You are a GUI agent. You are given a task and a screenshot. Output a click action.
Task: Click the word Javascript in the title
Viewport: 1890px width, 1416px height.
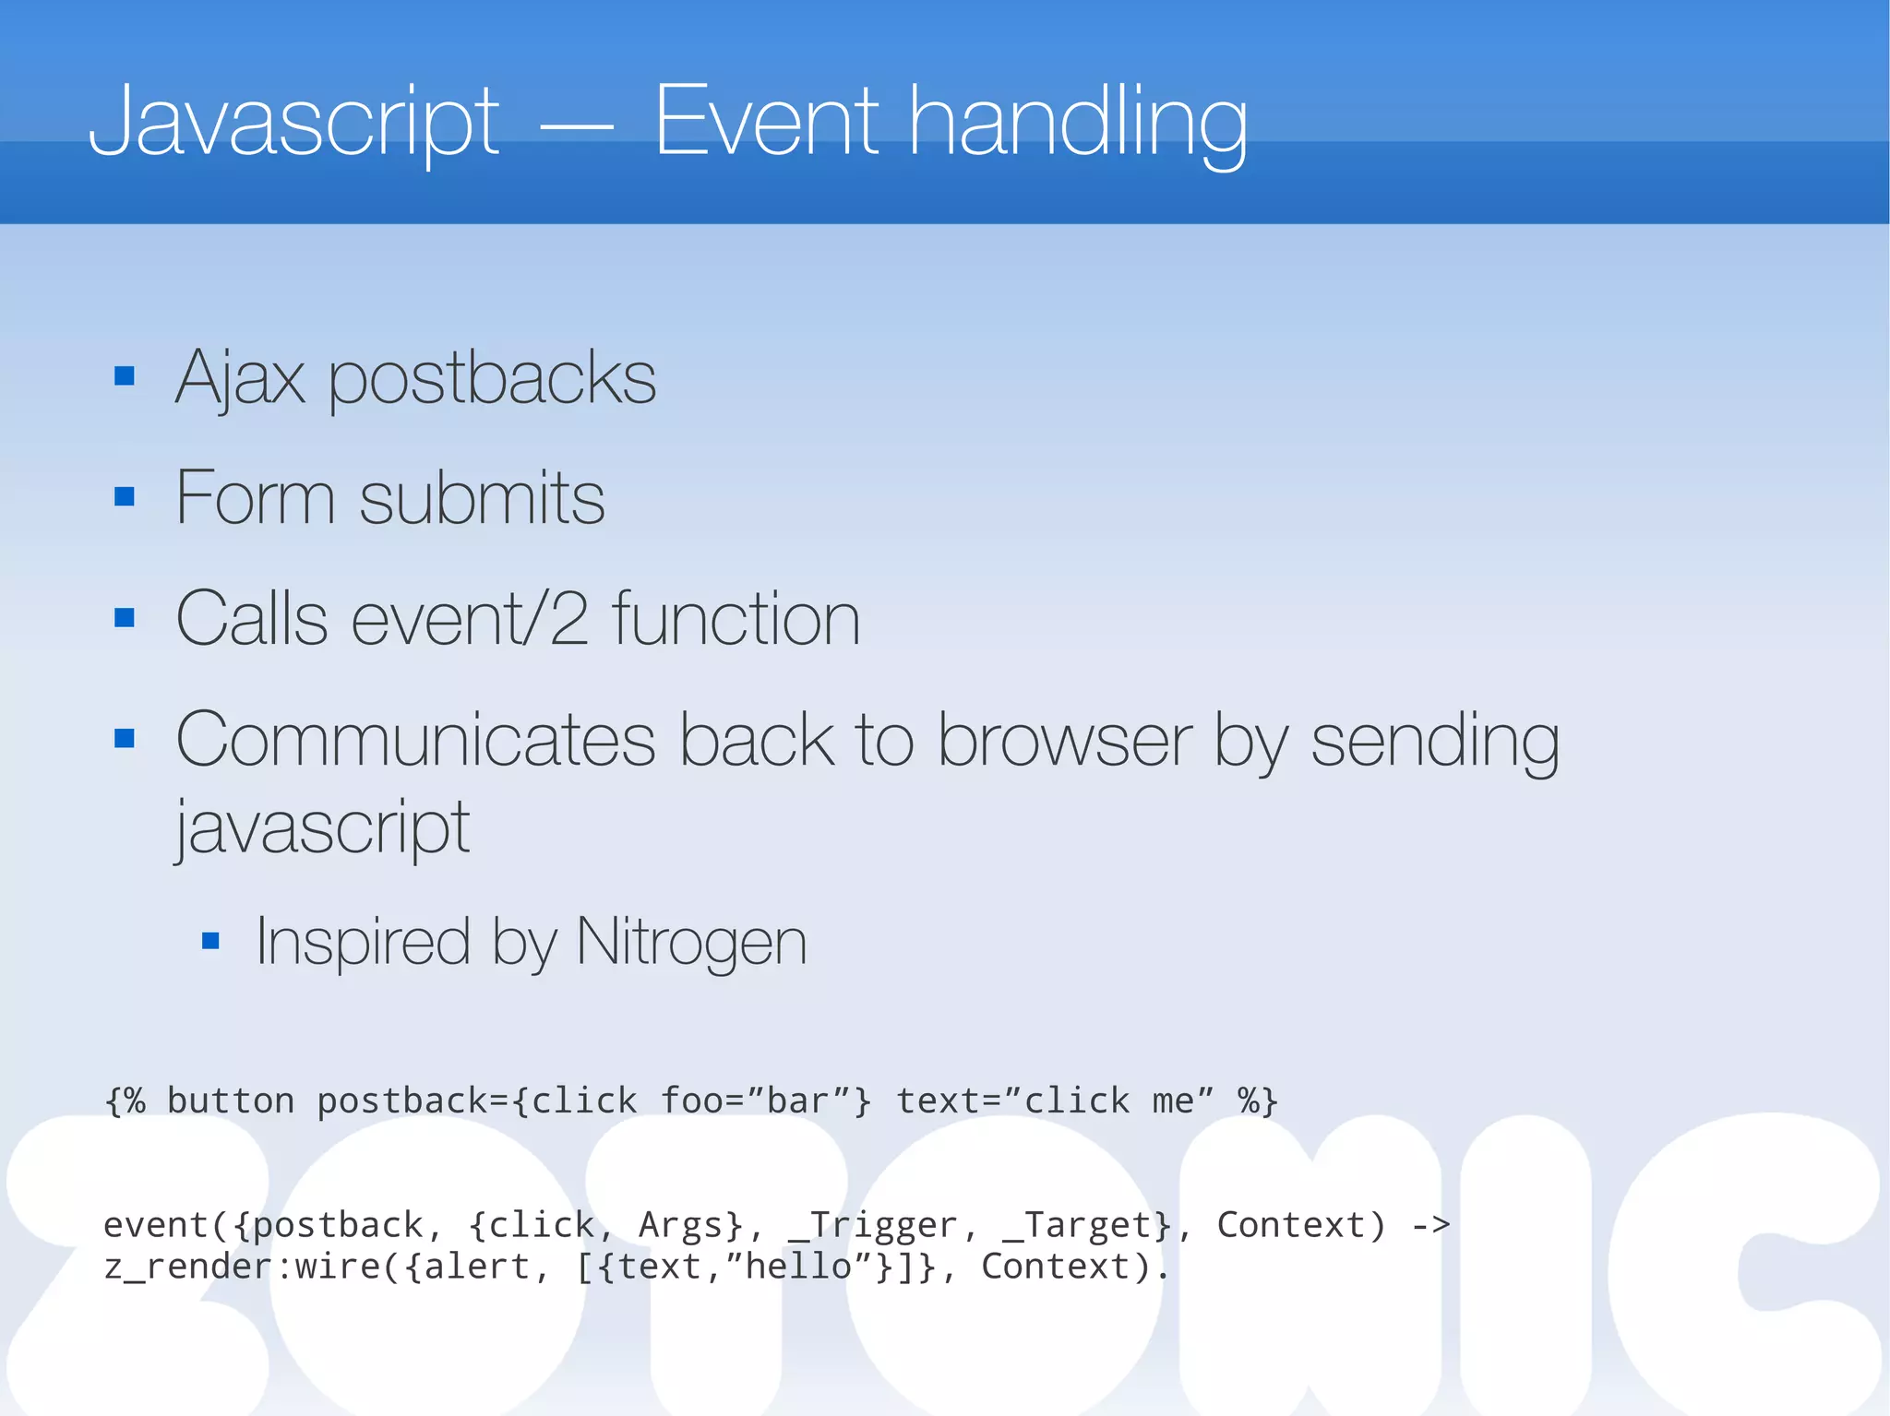pos(293,122)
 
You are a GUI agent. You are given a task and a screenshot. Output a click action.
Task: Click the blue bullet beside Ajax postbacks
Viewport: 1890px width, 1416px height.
pos(125,376)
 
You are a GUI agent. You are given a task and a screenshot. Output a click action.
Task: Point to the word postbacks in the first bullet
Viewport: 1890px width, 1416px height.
pos(492,378)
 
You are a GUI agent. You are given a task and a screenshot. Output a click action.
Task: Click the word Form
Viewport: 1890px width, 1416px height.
pos(255,498)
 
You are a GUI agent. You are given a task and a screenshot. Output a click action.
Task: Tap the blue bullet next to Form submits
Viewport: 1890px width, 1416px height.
pos(125,497)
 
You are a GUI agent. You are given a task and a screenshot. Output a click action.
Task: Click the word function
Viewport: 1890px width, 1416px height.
pos(736,618)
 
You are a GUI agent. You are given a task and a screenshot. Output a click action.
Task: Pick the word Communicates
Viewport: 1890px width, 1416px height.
pos(415,740)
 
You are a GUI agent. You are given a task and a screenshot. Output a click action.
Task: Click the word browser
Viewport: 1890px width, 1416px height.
pos(1065,740)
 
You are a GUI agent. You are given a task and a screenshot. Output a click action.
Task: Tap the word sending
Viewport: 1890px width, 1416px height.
pos(1435,742)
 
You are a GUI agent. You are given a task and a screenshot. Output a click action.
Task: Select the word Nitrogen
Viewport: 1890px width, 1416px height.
pos(691,942)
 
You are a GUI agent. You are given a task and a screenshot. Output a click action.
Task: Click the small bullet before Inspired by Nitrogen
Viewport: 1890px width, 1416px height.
pos(210,941)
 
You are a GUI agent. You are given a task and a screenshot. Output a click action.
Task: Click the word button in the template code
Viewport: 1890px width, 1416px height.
pos(231,1101)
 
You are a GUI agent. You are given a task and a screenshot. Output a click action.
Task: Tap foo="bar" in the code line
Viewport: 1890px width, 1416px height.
pos(765,1101)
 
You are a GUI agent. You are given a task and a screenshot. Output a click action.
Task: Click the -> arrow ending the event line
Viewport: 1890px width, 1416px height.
pos(1431,1225)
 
